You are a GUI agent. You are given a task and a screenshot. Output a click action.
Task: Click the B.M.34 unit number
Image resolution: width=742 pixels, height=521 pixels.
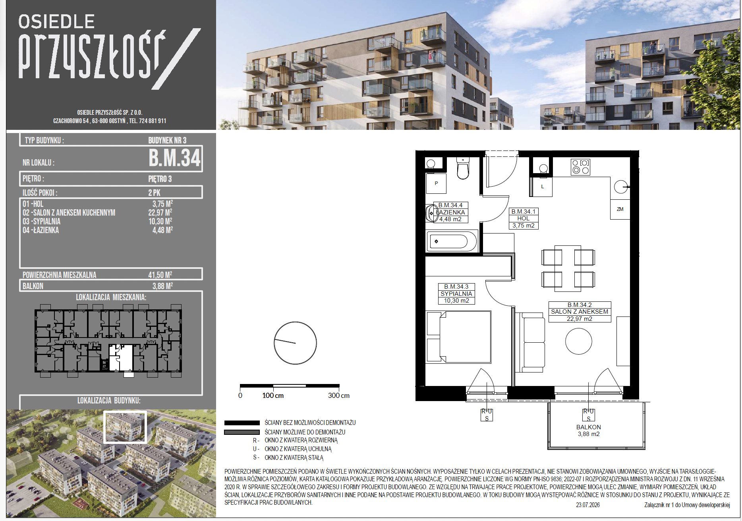point(174,158)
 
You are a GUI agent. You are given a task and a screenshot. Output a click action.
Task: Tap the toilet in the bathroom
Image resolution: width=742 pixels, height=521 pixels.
point(463,168)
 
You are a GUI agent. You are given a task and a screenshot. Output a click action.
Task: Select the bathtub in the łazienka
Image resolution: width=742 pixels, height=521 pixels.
point(452,241)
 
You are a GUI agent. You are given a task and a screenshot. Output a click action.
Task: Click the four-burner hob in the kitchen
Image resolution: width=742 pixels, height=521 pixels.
point(580,167)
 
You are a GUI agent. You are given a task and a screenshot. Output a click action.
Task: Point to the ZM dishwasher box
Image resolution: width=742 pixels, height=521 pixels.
point(620,209)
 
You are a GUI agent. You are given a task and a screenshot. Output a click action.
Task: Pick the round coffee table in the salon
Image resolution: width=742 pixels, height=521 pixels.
point(578,341)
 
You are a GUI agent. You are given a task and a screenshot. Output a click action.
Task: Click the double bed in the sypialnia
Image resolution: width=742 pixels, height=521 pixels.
point(459,337)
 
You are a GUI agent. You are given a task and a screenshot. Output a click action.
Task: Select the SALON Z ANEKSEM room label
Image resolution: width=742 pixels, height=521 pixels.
point(580,312)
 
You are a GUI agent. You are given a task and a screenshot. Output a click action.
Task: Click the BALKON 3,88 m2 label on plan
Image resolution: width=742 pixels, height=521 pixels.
point(589,430)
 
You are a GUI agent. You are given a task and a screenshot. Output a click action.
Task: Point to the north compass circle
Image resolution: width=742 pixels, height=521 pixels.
point(295,343)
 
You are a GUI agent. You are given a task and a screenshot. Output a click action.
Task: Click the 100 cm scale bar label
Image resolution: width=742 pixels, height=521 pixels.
point(273,396)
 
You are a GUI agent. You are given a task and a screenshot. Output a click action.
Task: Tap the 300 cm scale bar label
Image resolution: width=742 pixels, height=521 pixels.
point(339,396)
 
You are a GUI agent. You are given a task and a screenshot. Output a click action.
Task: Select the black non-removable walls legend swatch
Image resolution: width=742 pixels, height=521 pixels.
point(242,423)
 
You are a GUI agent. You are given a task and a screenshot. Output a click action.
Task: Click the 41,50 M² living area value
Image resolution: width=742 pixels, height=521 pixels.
point(160,274)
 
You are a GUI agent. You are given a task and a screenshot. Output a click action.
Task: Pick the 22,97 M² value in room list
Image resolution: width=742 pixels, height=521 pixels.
point(160,212)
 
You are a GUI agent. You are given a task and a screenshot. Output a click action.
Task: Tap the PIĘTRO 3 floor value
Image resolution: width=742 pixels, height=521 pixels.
point(160,179)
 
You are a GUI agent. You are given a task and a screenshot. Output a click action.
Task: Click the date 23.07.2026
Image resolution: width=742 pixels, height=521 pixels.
point(588,505)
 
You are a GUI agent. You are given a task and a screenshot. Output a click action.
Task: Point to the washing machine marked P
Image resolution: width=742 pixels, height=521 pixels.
point(436,183)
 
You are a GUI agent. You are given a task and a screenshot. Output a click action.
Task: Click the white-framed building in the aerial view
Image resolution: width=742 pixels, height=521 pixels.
point(125,427)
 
